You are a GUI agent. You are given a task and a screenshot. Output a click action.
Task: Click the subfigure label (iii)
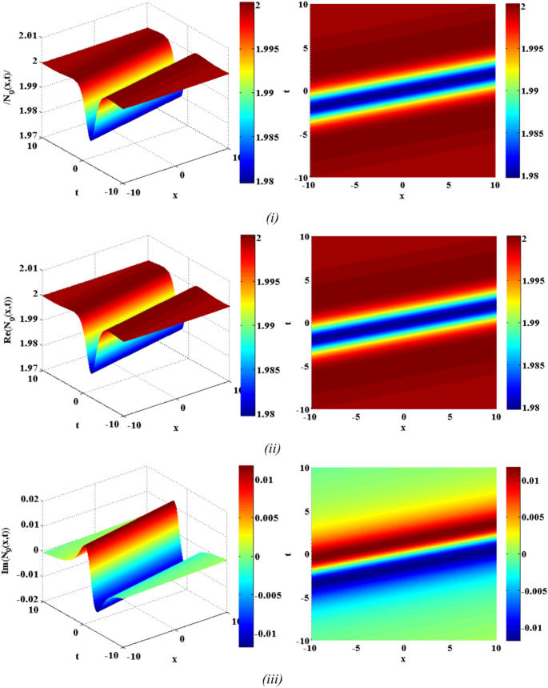(x=273, y=680)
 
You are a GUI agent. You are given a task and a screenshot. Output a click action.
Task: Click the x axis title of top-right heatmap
(x=402, y=196)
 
